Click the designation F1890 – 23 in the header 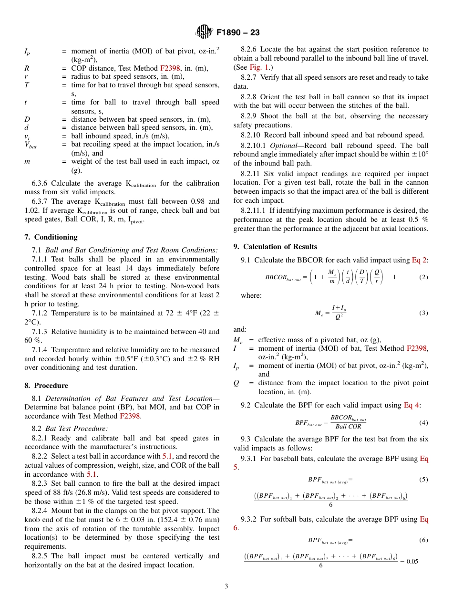click(238, 33)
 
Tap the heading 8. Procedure click(46, 386)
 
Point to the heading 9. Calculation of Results click(275, 247)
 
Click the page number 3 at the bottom click(226, 586)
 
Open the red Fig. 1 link click(258, 67)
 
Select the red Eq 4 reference click(412, 405)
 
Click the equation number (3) click(423, 313)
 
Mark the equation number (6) click(423, 540)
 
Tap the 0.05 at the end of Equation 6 click(411, 561)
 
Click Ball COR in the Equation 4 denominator click(348, 427)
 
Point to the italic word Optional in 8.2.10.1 click(283, 146)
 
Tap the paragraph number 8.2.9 click(250, 116)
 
